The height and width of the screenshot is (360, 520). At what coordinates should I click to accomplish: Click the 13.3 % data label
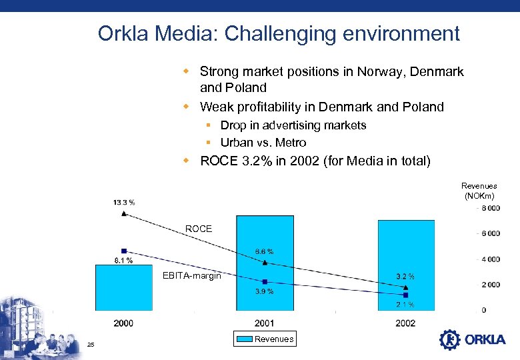tap(124, 202)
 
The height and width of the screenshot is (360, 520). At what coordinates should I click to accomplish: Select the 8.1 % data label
tap(123, 260)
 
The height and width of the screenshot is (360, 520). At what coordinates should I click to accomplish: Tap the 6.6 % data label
tap(264, 251)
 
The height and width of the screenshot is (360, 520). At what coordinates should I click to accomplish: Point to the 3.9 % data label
tap(264, 291)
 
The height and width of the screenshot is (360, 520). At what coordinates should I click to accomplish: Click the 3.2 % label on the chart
tap(405, 276)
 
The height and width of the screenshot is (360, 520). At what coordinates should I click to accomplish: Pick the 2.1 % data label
tap(405, 305)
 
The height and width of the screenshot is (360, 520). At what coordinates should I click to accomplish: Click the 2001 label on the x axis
tap(265, 323)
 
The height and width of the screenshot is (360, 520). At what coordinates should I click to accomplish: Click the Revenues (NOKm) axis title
tap(479, 191)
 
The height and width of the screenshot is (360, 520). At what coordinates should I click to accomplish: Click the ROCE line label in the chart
tap(198, 229)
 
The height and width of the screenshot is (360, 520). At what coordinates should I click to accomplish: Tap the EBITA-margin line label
tap(191, 276)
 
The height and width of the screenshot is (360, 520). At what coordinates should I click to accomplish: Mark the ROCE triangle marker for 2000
tap(124, 214)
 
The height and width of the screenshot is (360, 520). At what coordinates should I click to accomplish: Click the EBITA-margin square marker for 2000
tap(124, 251)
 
